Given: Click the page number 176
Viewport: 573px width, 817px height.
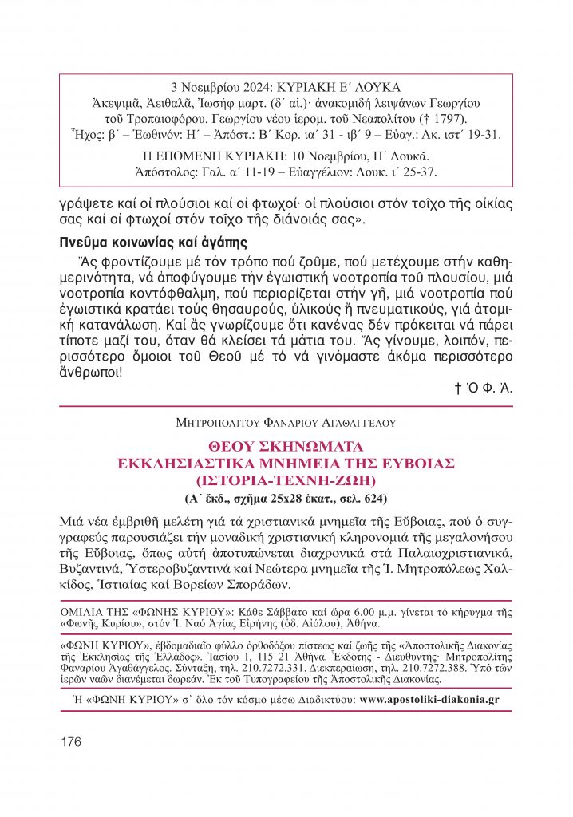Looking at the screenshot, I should tap(71, 742).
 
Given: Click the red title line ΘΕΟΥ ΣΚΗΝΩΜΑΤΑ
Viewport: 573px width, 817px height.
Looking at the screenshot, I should tap(285, 445).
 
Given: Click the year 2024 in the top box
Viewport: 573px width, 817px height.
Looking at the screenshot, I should tap(248, 86).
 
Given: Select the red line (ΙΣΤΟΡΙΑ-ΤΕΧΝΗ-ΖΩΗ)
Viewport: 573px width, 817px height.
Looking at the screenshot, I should tap(285, 480).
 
